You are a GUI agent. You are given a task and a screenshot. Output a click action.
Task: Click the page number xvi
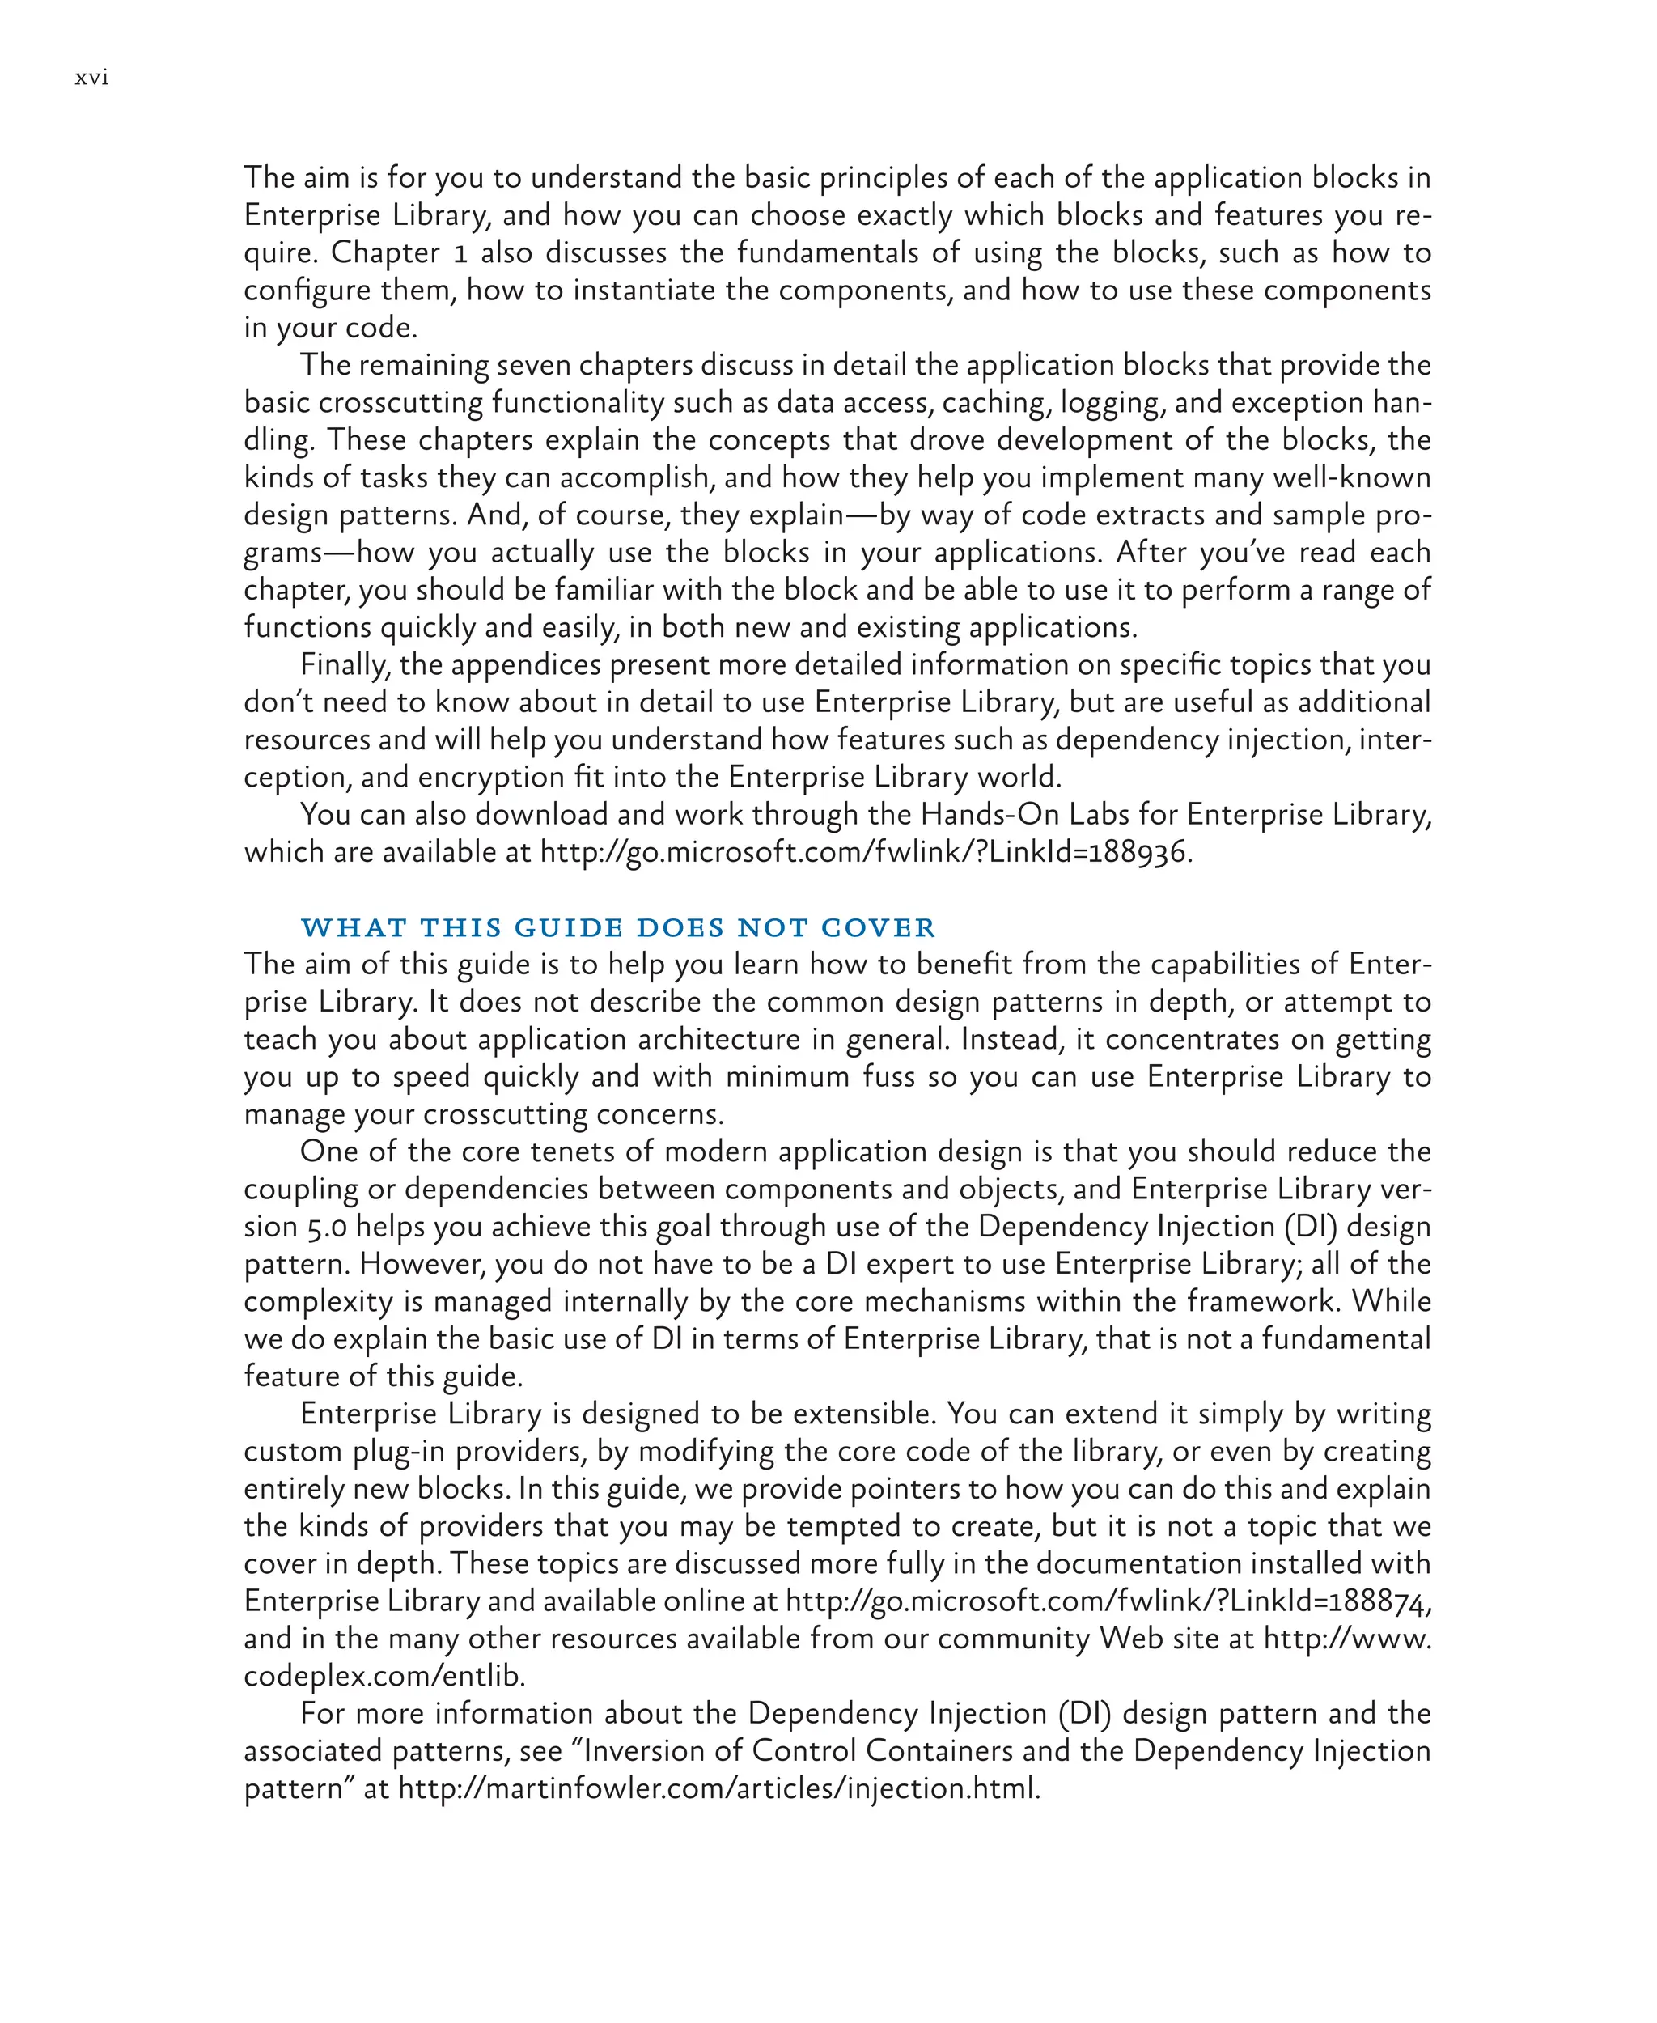pos(91,78)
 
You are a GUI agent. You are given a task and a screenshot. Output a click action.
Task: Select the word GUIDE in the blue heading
pos(568,928)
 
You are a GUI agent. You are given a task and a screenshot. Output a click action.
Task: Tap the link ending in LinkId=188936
pos(865,851)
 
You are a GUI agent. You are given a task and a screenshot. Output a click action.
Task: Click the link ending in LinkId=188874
pos(1107,1601)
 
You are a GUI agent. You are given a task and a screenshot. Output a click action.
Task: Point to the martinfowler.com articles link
pos(717,1788)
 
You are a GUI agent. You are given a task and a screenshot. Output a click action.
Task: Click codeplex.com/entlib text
pos(384,1676)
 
